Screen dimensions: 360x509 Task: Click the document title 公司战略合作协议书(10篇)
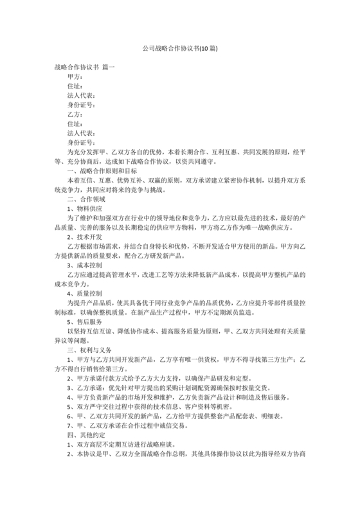click(179, 48)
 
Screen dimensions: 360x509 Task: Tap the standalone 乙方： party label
click(75, 114)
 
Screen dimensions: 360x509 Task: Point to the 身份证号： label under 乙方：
click(81, 142)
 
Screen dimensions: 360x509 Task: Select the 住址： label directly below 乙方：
click(75, 123)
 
